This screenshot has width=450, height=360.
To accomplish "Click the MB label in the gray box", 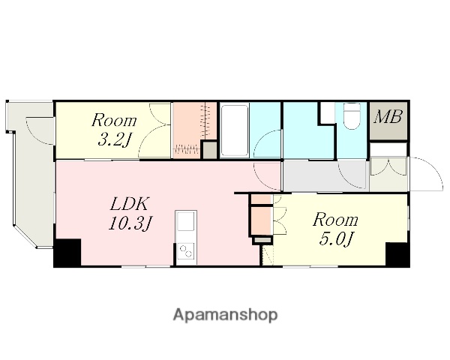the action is tap(388, 117).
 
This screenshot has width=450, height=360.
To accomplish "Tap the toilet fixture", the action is tap(352, 115).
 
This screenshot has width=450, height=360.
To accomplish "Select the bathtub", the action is tap(235, 130).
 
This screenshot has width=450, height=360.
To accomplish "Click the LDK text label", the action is tap(130, 204).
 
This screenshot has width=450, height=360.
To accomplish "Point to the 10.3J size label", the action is tap(130, 223).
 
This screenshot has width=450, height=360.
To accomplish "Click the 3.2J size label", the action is tap(114, 140).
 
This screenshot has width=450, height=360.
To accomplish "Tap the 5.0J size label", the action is tap(335, 238).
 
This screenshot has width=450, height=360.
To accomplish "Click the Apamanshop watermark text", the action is tap(225, 315).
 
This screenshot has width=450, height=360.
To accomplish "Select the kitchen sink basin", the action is tap(186, 220).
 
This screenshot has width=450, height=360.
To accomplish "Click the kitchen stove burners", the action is tap(186, 251).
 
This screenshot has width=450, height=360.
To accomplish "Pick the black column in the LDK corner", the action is tap(67, 253).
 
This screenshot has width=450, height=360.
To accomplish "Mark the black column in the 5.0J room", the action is tap(397, 254).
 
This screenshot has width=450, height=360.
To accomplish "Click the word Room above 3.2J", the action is tap(114, 120).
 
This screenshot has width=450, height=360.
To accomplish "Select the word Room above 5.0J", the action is tap(335, 220).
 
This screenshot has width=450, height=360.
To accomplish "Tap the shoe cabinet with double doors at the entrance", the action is tap(388, 166).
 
